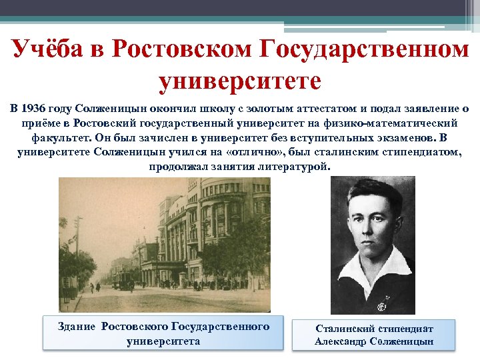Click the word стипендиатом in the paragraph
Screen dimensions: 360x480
425,153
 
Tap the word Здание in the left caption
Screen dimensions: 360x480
79,327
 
